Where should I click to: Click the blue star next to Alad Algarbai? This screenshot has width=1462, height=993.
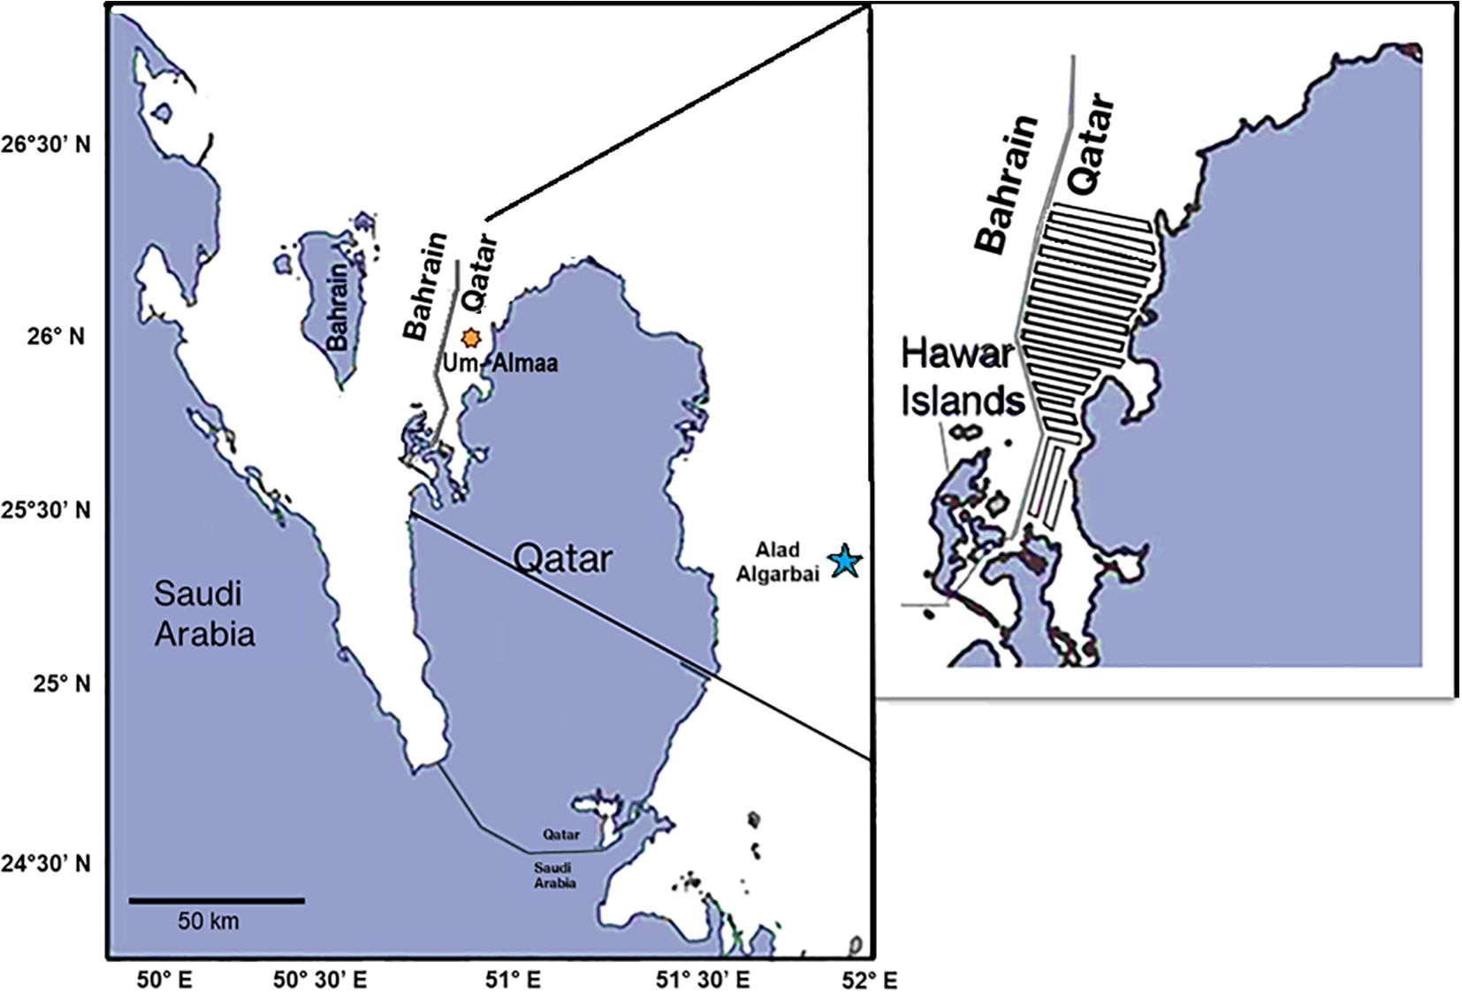point(845,561)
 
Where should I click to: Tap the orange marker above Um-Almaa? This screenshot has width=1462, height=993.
point(471,338)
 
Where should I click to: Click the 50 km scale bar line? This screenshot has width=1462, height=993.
point(217,900)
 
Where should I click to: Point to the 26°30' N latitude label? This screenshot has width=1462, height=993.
point(46,143)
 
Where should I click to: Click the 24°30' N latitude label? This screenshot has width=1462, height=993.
point(46,862)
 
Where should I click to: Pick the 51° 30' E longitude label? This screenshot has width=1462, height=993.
point(703,979)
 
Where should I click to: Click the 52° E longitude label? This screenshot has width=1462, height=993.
point(875,979)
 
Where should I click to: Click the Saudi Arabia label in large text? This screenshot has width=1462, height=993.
point(204,613)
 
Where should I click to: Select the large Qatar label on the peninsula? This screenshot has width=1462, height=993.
point(563,558)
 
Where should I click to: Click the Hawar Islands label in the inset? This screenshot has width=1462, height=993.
point(962,378)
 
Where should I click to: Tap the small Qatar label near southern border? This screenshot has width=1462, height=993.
point(561,834)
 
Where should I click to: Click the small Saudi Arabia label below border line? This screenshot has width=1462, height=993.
point(555,875)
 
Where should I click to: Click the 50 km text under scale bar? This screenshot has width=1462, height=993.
point(208,921)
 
